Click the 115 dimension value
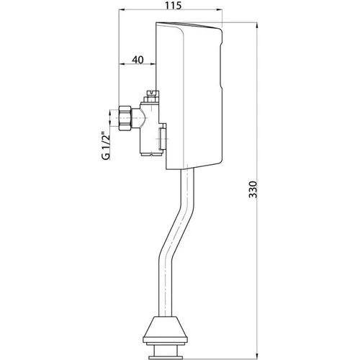point(173,5)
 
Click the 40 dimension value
point(138,60)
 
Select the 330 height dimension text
point(253,189)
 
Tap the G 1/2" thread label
point(106,145)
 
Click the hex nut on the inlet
point(125,118)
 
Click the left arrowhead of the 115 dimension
point(122,10)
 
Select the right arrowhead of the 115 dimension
point(220,10)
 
